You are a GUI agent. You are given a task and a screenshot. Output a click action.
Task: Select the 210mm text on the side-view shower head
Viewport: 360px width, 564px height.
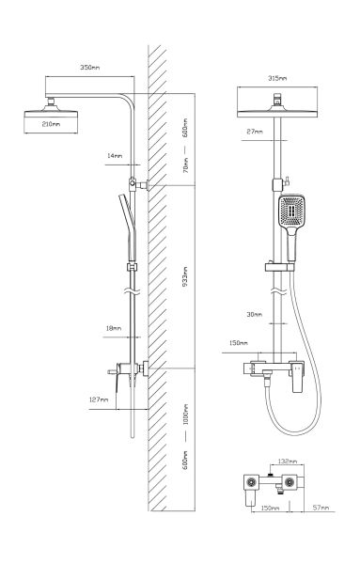click(52, 123)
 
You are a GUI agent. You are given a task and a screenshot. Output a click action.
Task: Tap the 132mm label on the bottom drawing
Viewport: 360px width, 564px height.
click(290, 462)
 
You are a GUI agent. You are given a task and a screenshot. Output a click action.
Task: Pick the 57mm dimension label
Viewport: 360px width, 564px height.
click(321, 508)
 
